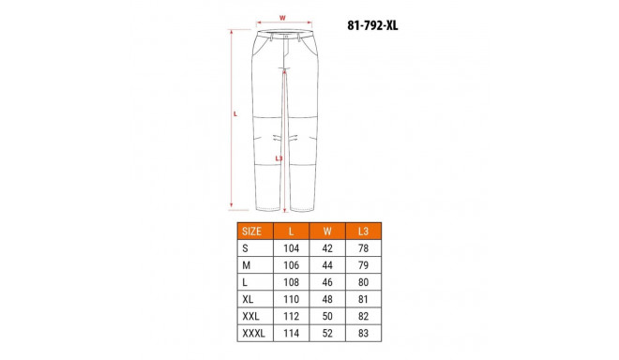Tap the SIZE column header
[251, 231]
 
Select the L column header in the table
[292, 231]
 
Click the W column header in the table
[327, 231]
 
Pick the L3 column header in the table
[364, 231]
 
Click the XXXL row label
[253, 333]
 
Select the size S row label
[245, 248]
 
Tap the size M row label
[246, 265]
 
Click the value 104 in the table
[292, 248]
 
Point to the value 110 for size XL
[292, 299]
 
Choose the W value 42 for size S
[327, 248]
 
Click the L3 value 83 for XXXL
[364, 333]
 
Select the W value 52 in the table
[327, 333]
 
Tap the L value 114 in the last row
[292, 333]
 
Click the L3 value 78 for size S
[364, 248]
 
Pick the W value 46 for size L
[327, 282]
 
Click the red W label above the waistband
[282, 17]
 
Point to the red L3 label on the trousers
[279, 158]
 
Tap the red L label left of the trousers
[234, 114]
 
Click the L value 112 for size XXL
[292, 316]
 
